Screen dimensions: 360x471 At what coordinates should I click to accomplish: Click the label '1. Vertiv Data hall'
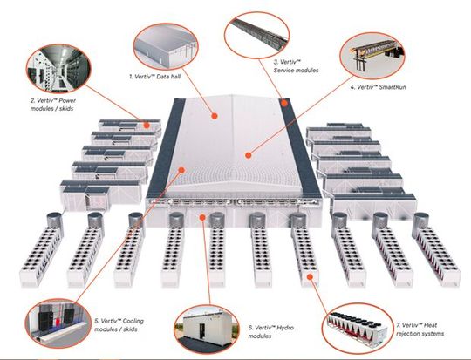(x=156, y=79)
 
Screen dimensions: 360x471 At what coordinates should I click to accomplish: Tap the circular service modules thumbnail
(x=259, y=30)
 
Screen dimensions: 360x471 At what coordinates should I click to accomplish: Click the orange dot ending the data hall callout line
(x=214, y=112)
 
